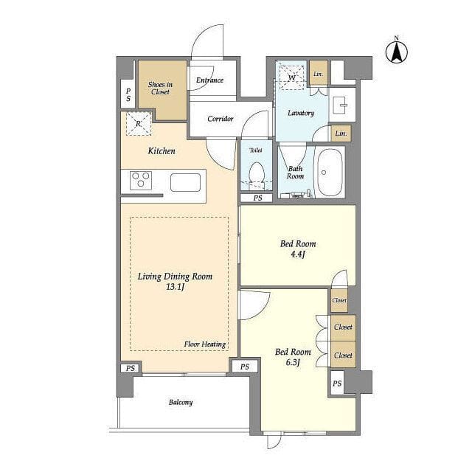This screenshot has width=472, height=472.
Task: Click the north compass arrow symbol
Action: (397, 52)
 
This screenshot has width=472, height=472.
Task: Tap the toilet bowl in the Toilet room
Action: (257, 175)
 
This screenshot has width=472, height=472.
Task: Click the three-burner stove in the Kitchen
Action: (141, 180)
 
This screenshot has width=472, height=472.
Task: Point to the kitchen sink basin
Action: (185, 182)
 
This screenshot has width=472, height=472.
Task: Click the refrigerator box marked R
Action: (139, 123)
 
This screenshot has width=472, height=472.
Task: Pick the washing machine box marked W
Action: (292, 77)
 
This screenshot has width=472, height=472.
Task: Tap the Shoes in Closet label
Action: (160, 88)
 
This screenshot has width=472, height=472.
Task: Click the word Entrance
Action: (209, 80)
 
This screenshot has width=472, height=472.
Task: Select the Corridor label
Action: (221, 119)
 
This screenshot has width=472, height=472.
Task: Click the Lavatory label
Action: (301, 113)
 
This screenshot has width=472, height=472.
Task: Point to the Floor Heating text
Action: (205, 344)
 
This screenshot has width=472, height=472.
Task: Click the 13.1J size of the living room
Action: (175, 287)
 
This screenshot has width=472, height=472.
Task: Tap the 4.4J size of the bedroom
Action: (298, 254)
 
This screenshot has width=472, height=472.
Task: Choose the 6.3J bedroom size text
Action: (293, 362)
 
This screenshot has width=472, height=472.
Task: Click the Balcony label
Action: (181, 403)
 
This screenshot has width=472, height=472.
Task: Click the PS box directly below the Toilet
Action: (257, 198)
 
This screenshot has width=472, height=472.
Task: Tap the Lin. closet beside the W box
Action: (319, 74)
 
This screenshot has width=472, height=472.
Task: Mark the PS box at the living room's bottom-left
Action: (131, 368)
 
